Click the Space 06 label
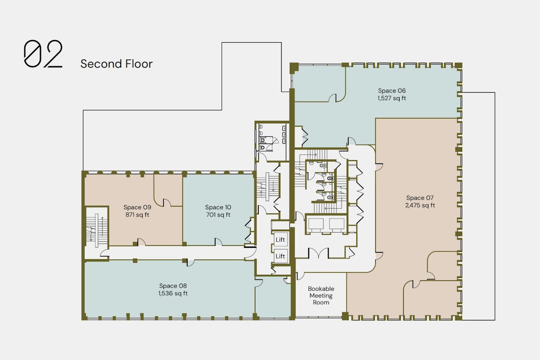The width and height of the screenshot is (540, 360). coord(392,90)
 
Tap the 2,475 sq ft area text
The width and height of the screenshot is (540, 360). coord(420,205)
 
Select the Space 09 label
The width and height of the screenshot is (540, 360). coord(137,207)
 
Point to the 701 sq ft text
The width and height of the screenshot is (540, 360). coord(218,215)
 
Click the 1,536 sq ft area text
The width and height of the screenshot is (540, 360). coord(173,293)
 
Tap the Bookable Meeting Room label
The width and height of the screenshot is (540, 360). coord(321,295)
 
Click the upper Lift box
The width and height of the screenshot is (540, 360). coord(280,239)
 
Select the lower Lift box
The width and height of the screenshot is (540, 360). coord(280,256)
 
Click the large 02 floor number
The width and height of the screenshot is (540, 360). coord(43,54)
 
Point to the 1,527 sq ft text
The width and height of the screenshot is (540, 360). coord(392,98)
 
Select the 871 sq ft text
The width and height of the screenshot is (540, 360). coord(137,215)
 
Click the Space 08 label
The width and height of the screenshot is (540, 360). coord(173,286)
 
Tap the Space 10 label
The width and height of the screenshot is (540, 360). coord(218,207)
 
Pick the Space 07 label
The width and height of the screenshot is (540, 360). coord(420,198)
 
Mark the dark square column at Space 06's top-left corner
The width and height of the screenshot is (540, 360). coord(294,68)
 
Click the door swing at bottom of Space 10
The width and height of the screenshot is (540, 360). coord(218,242)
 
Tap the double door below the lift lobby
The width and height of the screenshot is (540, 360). coord(318,253)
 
